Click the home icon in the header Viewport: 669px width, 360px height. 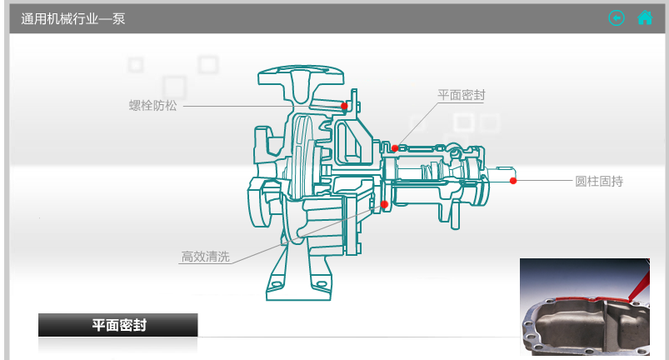[645, 17]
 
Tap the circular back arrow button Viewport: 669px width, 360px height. [617, 17]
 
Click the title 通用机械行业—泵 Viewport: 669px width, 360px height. [73, 19]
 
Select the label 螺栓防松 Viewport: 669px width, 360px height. [152, 106]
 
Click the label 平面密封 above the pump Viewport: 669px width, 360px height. [462, 95]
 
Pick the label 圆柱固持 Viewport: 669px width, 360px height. [599, 182]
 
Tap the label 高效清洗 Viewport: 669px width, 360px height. [206, 257]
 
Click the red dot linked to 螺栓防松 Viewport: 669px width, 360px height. [344, 106]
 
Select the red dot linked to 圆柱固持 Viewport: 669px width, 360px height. [513, 181]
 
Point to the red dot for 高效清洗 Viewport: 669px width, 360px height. [384, 205]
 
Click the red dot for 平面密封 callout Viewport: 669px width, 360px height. [395, 148]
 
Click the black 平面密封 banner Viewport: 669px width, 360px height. [117, 325]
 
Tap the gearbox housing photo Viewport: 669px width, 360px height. [585, 307]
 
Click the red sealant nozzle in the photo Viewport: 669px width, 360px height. [639, 286]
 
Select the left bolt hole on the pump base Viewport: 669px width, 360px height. [277, 283]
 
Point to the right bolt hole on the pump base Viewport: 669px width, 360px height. [321, 283]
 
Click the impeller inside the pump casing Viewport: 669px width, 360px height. [302, 157]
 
